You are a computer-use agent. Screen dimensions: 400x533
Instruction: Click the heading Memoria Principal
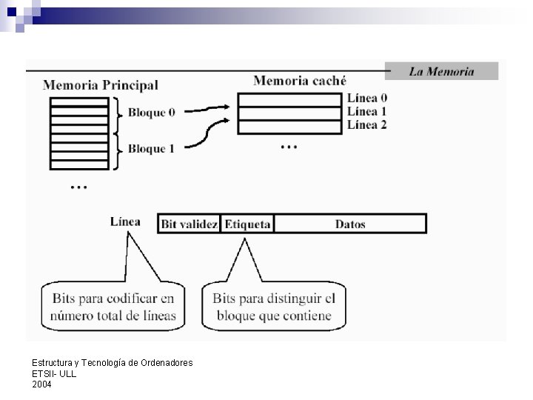(x=101, y=85)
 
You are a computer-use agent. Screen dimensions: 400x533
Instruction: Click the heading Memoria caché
(x=300, y=80)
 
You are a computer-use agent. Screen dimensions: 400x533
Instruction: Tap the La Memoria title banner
(x=441, y=71)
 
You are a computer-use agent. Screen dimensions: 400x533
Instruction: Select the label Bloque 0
(x=151, y=113)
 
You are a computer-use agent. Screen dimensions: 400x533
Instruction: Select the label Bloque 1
(x=151, y=149)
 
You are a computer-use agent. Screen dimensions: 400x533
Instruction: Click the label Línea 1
(x=366, y=112)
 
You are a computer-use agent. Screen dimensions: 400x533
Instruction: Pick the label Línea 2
(x=366, y=124)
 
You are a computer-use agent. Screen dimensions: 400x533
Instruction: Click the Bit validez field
(x=189, y=224)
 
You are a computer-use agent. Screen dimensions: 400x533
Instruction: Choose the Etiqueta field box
(x=247, y=224)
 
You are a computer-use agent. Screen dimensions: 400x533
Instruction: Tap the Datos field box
(x=350, y=224)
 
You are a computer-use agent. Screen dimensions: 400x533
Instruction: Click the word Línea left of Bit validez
(x=125, y=221)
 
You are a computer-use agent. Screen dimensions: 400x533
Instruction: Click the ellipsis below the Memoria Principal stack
(x=78, y=187)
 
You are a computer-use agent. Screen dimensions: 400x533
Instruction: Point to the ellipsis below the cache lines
(x=289, y=147)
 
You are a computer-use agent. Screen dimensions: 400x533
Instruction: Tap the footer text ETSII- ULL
(x=54, y=373)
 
